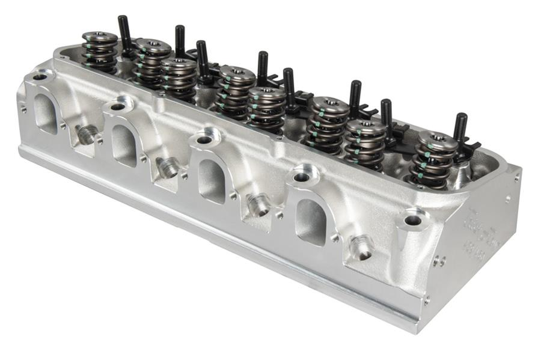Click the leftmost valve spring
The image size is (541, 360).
tap(100, 50)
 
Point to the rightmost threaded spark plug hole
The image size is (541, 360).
tap(362, 246)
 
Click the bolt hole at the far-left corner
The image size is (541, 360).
tap(40, 77)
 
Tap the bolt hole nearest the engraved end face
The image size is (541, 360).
tap(413, 221)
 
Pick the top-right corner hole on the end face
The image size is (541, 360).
tap(516, 178)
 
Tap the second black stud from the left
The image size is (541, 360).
tap(179, 41)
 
